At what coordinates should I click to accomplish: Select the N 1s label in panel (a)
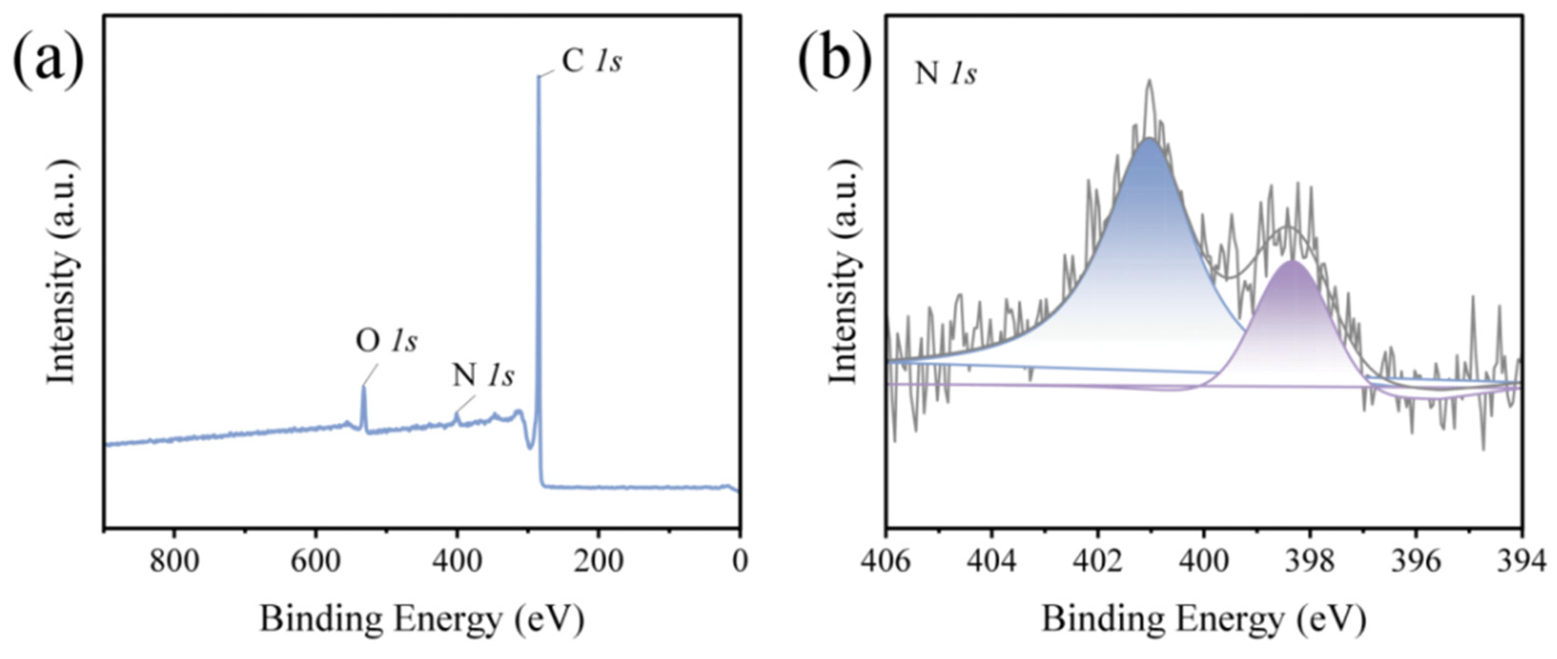pyautogui.click(x=483, y=376)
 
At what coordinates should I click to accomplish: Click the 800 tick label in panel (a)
pyautogui.click(x=174, y=562)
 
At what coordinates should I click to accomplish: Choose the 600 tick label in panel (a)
pyautogui.click(x=316, y=562)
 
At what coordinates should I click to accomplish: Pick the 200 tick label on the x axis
pyautogui.click(x=598, y=562)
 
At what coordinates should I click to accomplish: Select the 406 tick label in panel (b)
pyautogui.click(x=886, y=562)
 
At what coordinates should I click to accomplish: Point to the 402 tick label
pyautogui.click(x=1098, y=562)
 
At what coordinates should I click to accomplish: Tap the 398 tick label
pyautogui.click(x=1310, y=562)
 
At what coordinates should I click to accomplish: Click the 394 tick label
pyautogui.click(x=1521, y=562)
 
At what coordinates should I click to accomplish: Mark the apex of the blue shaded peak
pyautogui.click(x=1149, y=139)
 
